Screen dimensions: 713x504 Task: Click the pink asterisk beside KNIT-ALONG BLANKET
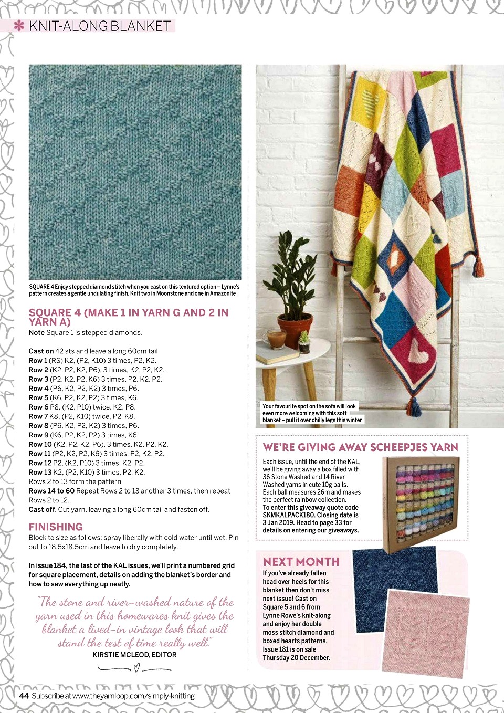19,26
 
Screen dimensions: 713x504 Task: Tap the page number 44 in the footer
24,696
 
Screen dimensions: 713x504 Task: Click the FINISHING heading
56,527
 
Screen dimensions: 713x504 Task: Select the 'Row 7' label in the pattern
38,416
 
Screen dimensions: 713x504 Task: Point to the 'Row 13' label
40,472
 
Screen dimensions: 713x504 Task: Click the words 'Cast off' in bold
42,509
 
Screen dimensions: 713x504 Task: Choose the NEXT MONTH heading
301,562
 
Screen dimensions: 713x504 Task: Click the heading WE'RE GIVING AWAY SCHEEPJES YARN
360,447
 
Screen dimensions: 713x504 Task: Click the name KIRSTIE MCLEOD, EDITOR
134,655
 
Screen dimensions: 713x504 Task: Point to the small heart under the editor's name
136,668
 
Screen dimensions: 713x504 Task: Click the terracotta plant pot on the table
295,330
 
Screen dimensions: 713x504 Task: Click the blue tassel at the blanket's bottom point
414,406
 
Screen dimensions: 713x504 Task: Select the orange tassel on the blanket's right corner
478,267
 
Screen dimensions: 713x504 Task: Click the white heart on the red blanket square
418,350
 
